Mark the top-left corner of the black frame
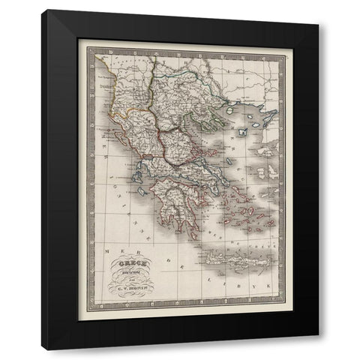point(43,11)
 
